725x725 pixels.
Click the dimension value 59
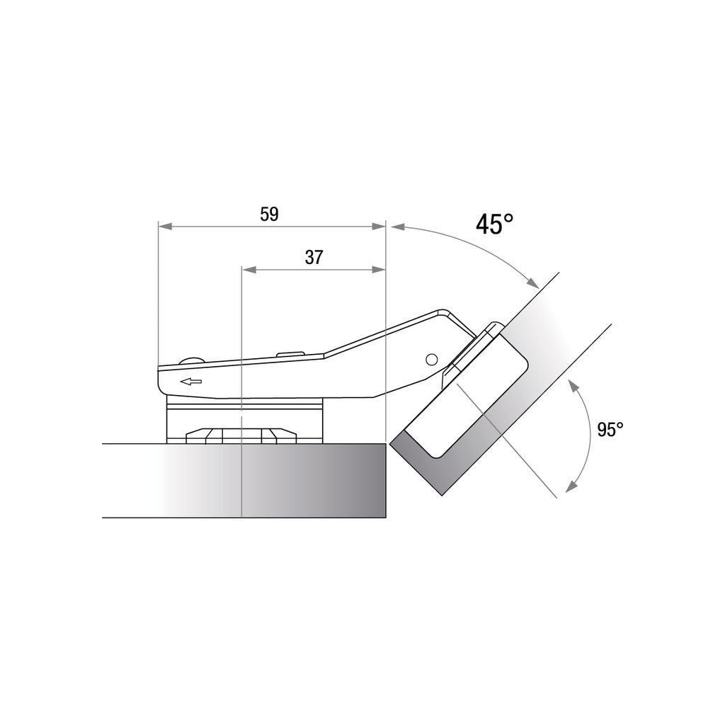click(269, 214)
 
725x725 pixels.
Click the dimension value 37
click(314, 257)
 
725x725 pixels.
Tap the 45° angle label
click(494, 224)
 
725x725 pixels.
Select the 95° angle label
click(610, 429)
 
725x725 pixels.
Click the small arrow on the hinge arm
click(191, 382)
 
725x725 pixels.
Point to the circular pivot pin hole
click(431, 359)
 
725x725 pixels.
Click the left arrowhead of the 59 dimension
click(166, 227)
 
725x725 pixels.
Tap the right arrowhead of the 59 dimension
click(378, 227)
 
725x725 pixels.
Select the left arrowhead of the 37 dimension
click(249, 270)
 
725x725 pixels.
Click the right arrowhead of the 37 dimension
click(378, 270)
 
